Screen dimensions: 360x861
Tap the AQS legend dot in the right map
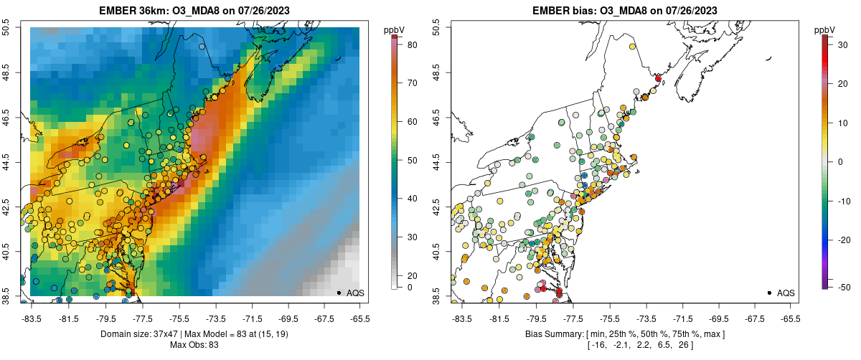[x=768, y=293]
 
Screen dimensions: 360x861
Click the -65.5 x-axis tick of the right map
[x=791, y=318]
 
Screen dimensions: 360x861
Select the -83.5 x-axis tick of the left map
[x=33, y=318]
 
